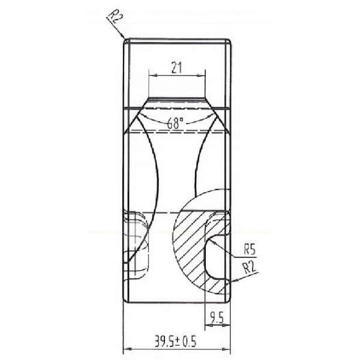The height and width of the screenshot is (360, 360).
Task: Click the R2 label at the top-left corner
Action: pos(115,17)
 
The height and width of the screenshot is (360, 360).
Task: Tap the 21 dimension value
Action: pos(176,68)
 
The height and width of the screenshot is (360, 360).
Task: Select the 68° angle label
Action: pos(175,123)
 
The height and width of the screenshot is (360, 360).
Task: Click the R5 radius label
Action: pos(250,249)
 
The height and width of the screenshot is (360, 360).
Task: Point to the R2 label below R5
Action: pos(250,268)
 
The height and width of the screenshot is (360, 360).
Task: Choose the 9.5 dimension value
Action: pos(217,318)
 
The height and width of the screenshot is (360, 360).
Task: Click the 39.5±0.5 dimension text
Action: pos(176,341)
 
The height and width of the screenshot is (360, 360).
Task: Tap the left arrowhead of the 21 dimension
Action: pos(152,75)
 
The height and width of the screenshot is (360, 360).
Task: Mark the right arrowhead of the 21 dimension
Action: pos(202,75)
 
